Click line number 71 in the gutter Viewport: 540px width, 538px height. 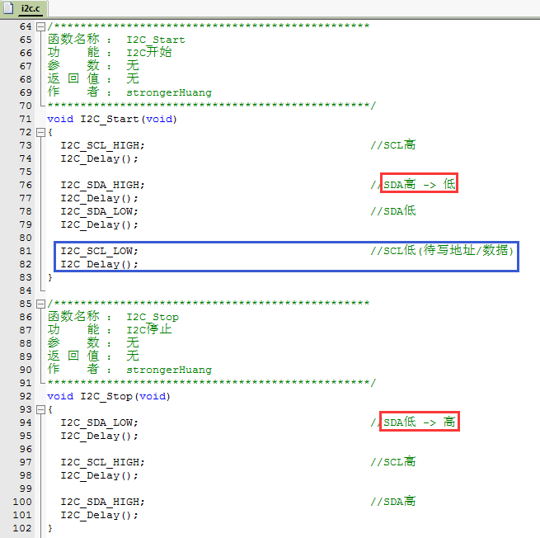click(26, 120)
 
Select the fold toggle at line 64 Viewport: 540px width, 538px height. click(40, 26)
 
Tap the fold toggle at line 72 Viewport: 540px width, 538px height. click(40, 132)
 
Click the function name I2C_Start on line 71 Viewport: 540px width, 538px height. click(110, 120)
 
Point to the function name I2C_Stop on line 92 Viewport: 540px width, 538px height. click(106, 397)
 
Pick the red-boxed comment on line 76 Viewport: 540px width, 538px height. click(419, 183)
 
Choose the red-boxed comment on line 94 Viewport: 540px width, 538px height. click(420, 421)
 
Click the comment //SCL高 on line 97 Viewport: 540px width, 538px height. click(393, 462)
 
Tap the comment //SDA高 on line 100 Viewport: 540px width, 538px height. click(393, 502)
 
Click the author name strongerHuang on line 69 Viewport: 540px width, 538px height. click(169, 93)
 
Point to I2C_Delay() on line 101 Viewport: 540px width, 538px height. click(99, 516)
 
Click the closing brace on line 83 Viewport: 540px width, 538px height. click(50, 277)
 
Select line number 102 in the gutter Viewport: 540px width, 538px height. click(22, 528)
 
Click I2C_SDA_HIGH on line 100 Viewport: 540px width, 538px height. click(102, 503)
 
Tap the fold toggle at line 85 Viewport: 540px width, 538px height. click(40, 304)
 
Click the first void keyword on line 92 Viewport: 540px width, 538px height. click(60, 396)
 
